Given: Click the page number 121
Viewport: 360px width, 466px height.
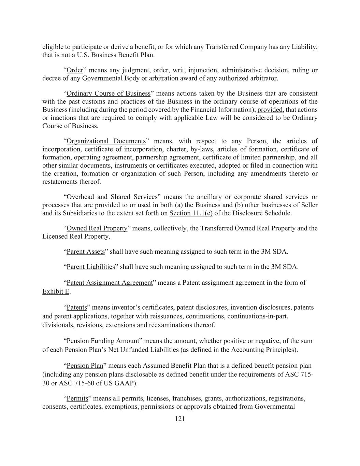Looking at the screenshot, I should coord(180,419).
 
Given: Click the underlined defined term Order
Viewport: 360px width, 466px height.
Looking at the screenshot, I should coord(75,70).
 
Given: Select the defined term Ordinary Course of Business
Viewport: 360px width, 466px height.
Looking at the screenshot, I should coord(109,94).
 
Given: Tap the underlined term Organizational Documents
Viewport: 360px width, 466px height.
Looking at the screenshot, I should coord(106,141).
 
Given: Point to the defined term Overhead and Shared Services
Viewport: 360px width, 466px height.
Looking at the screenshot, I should coord(112,197).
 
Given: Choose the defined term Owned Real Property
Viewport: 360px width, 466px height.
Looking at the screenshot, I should coord(97,228).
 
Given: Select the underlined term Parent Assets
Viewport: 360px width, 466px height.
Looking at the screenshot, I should coord(86,252).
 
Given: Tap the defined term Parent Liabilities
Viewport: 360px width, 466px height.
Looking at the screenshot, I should coord(91,267).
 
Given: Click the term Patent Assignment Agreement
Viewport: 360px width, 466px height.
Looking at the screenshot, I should coord(110,283).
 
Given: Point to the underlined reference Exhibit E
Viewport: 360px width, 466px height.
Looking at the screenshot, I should coord(56,292).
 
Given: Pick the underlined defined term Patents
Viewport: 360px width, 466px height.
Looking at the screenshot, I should coord(77,307).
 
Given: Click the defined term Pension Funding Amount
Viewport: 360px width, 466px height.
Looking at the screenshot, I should coord(103,341).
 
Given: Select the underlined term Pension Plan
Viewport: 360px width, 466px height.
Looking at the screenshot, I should coord(85,366).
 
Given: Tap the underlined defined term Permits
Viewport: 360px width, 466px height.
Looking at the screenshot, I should coord(77,398).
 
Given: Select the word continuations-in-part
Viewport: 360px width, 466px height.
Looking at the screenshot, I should coord(258,316).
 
